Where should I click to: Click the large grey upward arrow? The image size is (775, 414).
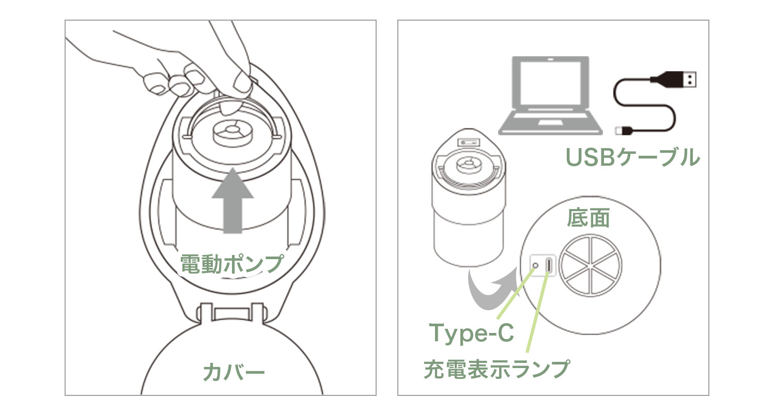[233, 201]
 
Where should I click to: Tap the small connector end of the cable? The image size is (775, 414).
[624, 130]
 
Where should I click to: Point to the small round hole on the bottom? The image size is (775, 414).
[535, 265]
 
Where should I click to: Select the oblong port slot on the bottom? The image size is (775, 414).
[548, 265]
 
